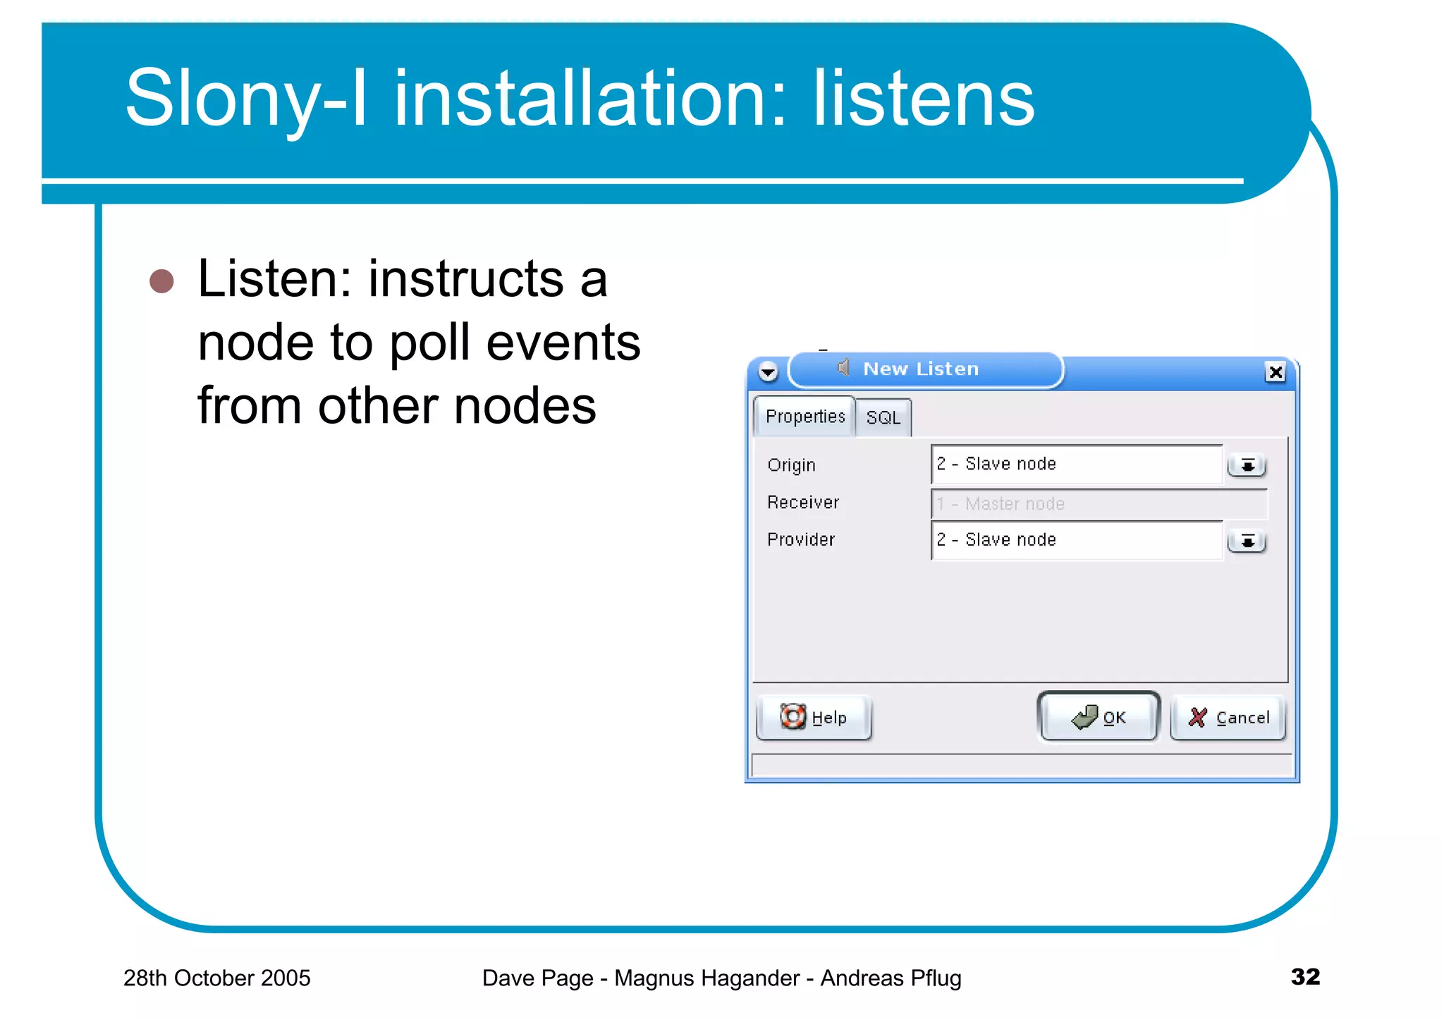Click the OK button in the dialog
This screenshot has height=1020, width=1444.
tap(1099, 717)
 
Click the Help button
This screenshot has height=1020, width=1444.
tap(814, 718)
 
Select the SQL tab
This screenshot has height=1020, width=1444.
tap(883, 417)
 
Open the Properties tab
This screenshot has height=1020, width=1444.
tap(804, 417)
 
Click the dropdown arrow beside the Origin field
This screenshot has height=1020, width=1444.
tap(1247, 465)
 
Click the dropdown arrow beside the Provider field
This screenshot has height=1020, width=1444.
tap(1247, 541)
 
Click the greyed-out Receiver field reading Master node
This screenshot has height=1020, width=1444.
tap(1098, 503)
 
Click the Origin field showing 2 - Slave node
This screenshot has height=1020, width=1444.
tap(1076, 464)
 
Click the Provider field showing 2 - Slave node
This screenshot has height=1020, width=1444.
tap(1076, 540)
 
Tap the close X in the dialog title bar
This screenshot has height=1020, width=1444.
tap(1275, 371)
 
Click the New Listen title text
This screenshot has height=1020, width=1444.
tap(920, 369)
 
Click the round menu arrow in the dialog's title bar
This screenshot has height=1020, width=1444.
tap(768, 371)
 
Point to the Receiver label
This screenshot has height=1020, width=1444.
tap(802, 503)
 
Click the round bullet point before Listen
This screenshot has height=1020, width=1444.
tap(161, 281)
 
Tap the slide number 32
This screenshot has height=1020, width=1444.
tap(1304, 976)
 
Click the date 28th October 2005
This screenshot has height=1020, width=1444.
tap(216, 978)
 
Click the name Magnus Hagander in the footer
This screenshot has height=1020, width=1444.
tap(706, 978)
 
